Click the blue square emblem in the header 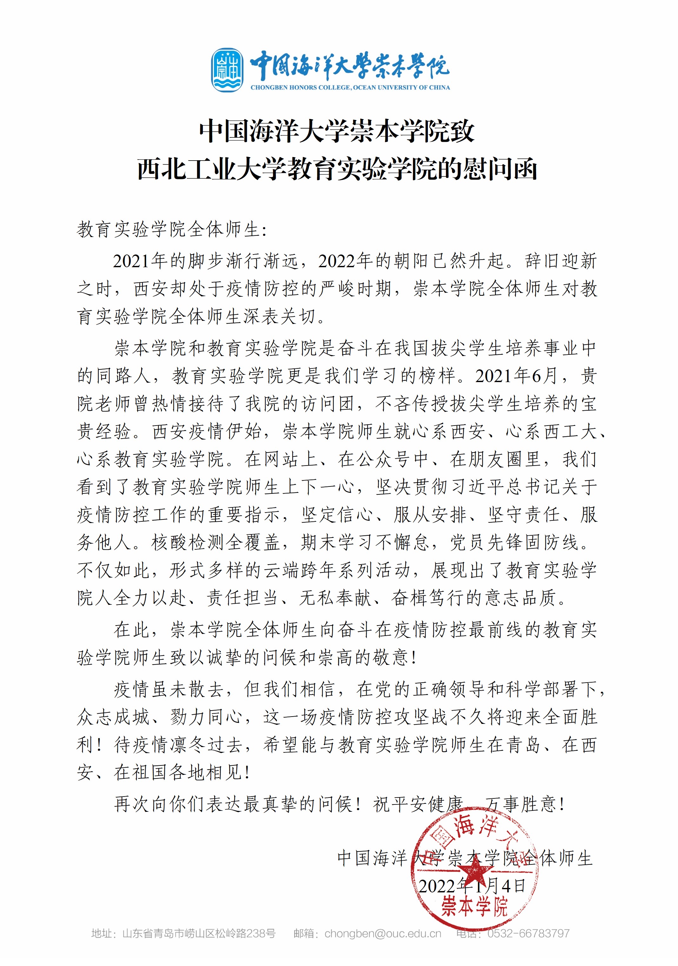pos(227,70)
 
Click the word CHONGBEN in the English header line pos(269,88)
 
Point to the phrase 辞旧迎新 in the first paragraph pos(560,261)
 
